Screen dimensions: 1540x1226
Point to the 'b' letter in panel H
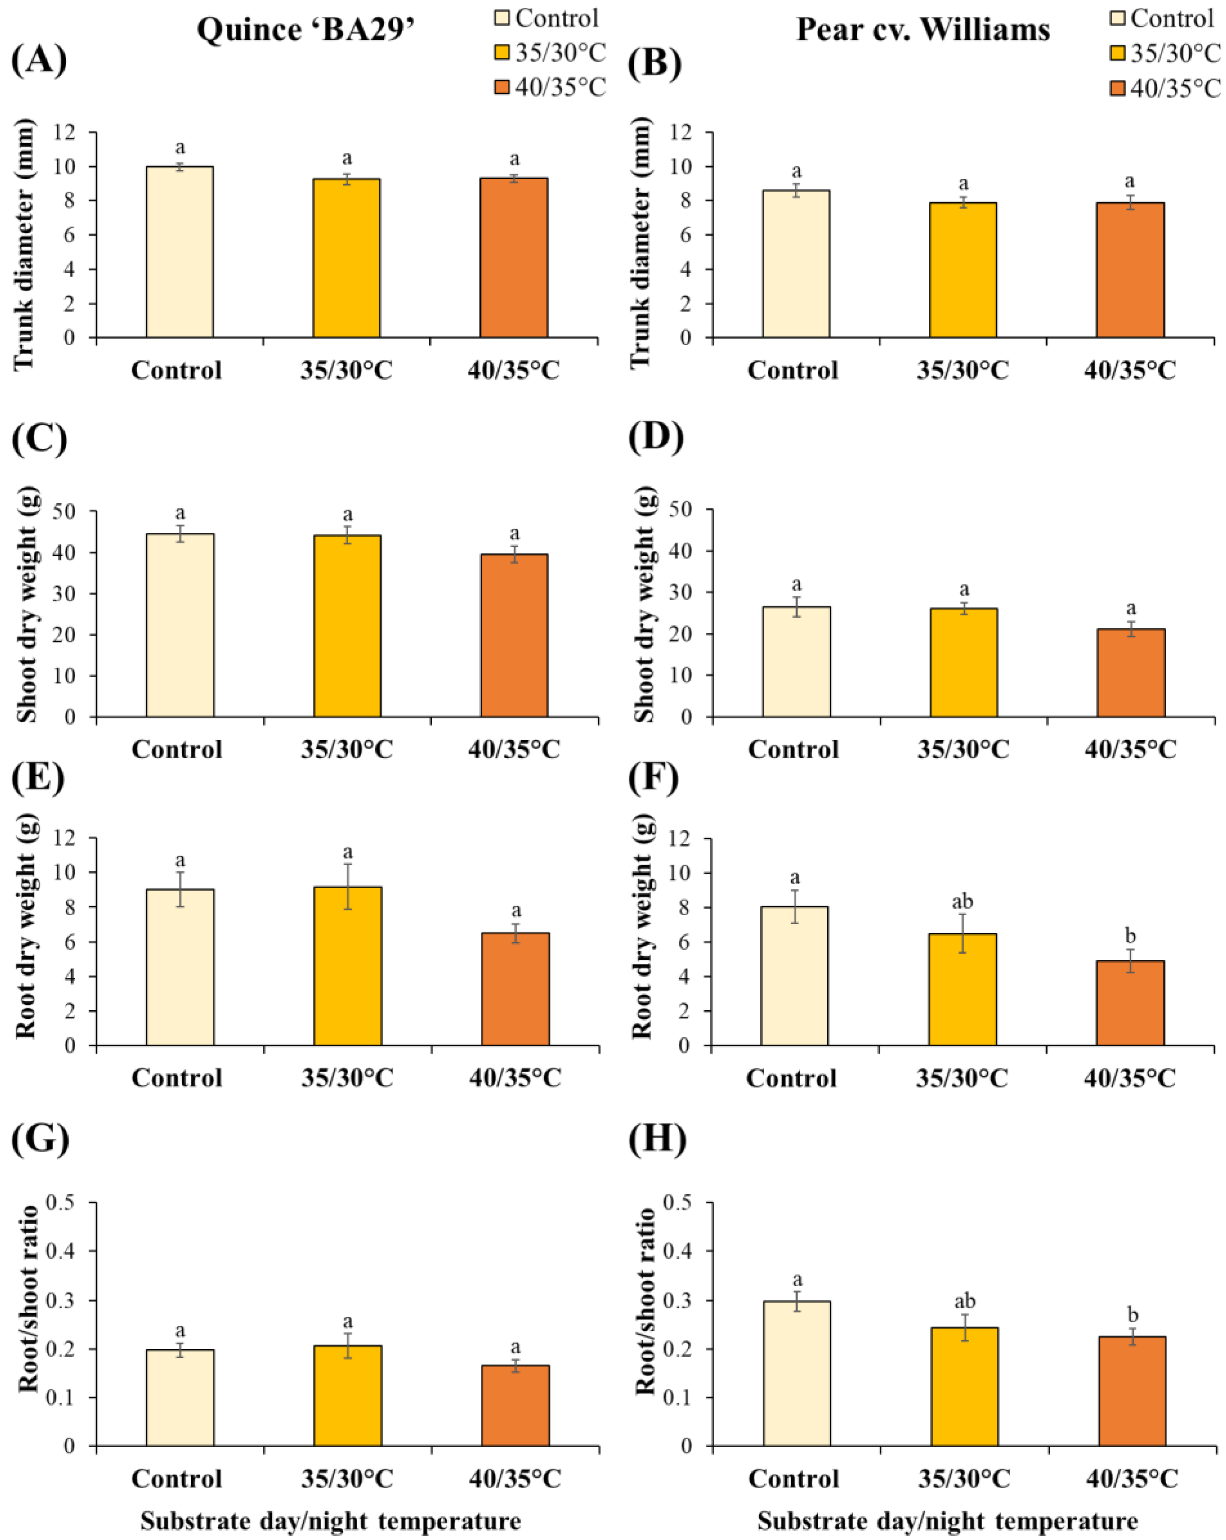[x=1133, y=1315]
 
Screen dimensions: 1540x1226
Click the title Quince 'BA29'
[x=306, y=30]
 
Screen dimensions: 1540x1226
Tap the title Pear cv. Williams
[x=923, y=30]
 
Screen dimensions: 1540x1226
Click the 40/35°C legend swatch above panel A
[x=502, y=87]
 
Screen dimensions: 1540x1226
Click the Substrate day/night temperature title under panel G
[x=330, y=1521]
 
